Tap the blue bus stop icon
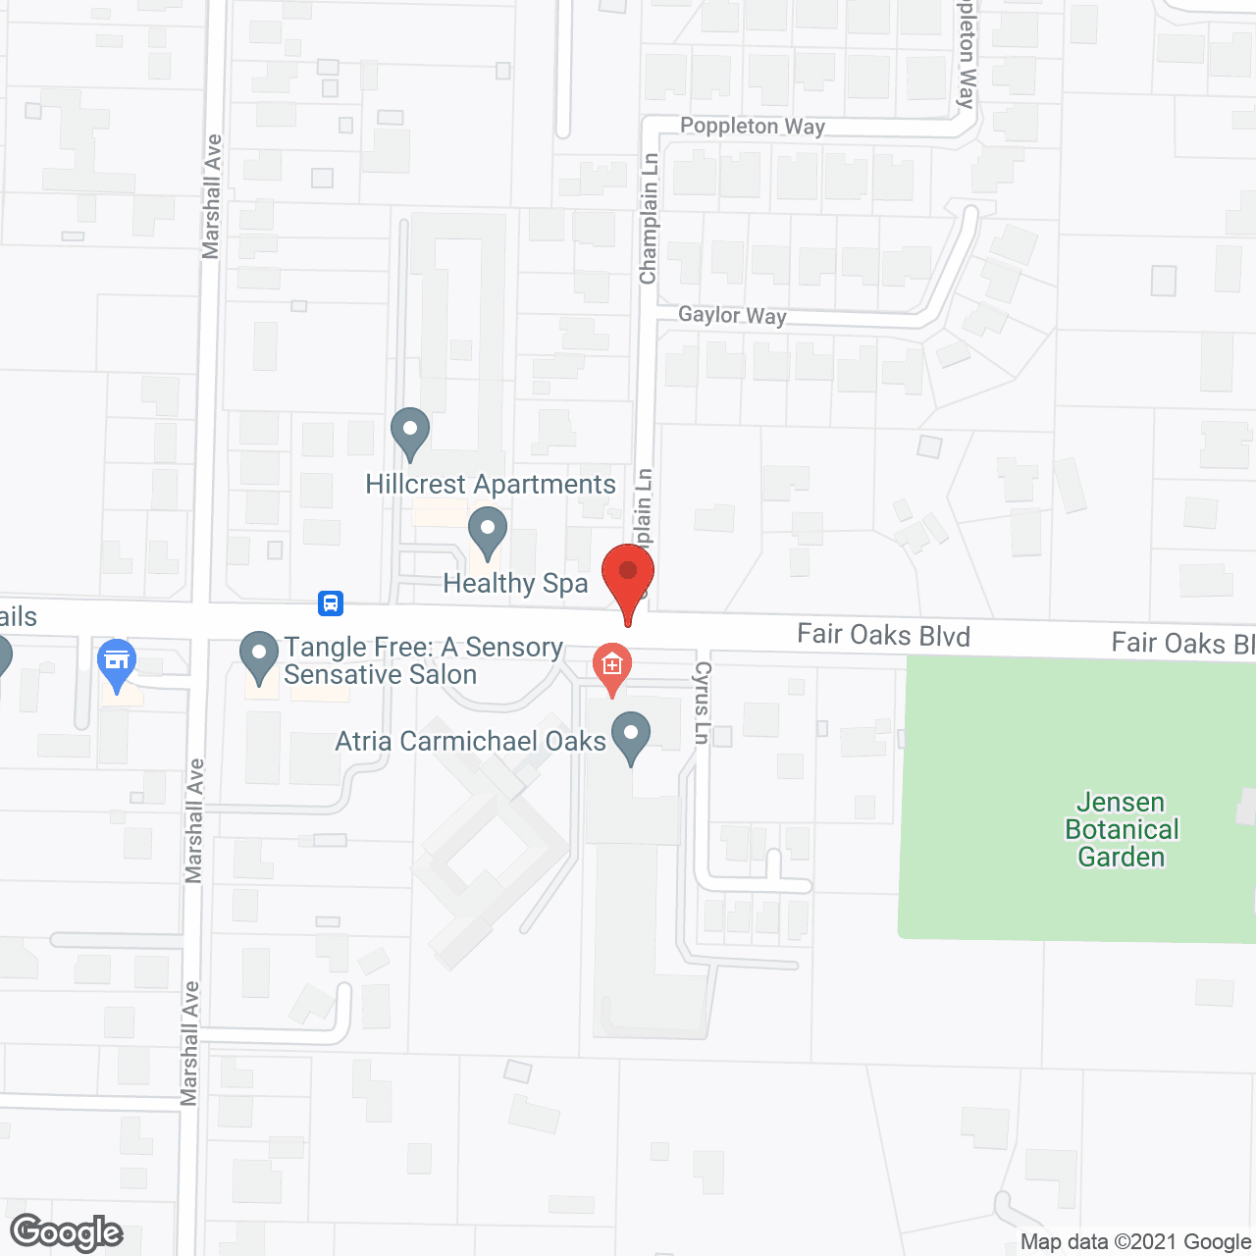(331, 602)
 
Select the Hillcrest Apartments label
(491, 485)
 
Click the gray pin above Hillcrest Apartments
(410, 432)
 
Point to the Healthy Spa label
(515, 584)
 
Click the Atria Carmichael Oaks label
(471, 741)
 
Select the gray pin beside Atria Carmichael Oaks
(631, 736)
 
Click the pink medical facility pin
(612, 667)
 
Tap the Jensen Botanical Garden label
(1122, 830)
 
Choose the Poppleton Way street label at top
(753, 127)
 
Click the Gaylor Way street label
(732, 315)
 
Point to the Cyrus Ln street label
(702, 703)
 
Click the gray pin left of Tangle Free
(259, 655)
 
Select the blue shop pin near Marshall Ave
(117, 663)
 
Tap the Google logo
(67, 1232)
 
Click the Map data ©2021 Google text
(1136, 1242)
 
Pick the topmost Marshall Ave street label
(212, 196)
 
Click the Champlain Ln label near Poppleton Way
(649, 219)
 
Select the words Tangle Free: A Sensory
(424, 648)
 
